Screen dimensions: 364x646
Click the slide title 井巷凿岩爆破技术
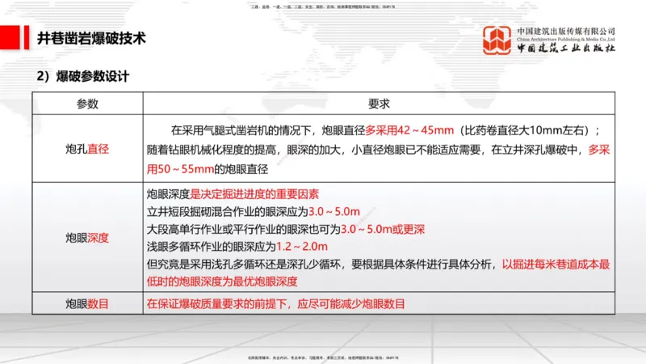[92, 38]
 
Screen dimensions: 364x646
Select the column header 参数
[87, 104]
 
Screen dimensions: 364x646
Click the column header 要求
[379, 104]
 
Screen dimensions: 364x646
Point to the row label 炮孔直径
[87, 149]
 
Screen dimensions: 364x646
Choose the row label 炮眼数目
[87, 303]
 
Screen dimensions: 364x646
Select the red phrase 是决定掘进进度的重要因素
[254, 194]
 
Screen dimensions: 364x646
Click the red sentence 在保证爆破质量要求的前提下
[275, 303]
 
